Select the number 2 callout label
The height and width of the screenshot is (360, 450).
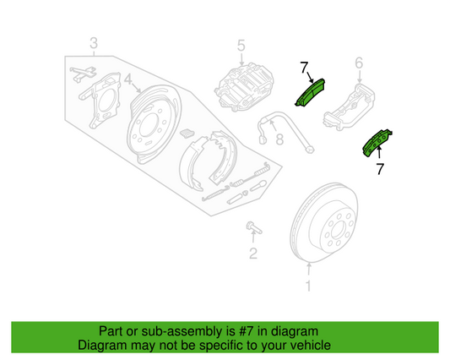(x=252, y=253)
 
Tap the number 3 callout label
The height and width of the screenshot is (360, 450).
(x=93, y=43)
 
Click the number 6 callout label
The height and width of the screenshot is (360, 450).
(x=358, y=63)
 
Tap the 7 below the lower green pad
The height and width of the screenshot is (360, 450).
(x=380, y=169)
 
